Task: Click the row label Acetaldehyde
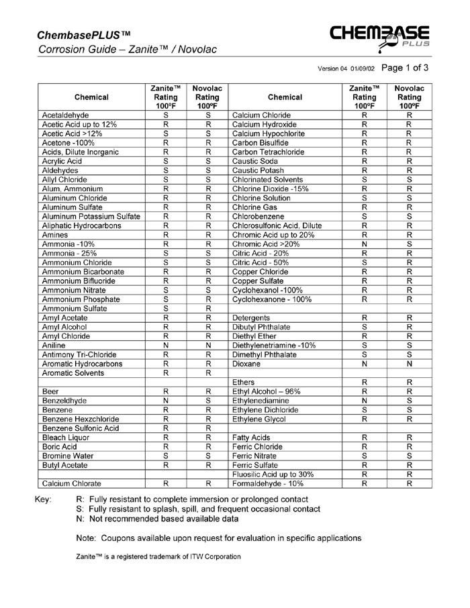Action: pos(67,115)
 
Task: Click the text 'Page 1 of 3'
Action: pos(404,68)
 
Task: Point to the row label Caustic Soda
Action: pos(259,157)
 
